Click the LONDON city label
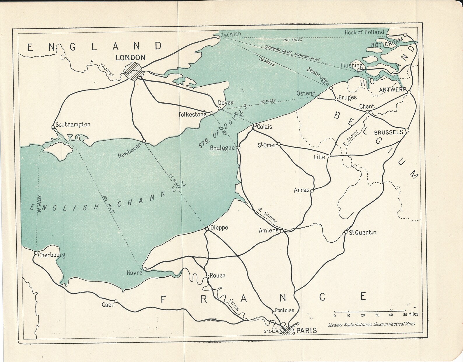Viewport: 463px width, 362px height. (x=130, y=57)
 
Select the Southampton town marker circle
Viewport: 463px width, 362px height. (x=53, y=127)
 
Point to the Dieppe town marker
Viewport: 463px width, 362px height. (x=207, y=229)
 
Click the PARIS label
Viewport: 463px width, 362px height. (x=306, y=330)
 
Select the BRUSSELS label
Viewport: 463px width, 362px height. (x=388, y=132)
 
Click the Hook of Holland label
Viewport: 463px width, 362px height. (x=364, y=32)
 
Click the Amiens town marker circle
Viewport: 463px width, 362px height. (x=282, y=231)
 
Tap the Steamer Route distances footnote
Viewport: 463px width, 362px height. (x=371, y=324)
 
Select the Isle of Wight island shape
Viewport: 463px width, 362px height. (x=60, y=151)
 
